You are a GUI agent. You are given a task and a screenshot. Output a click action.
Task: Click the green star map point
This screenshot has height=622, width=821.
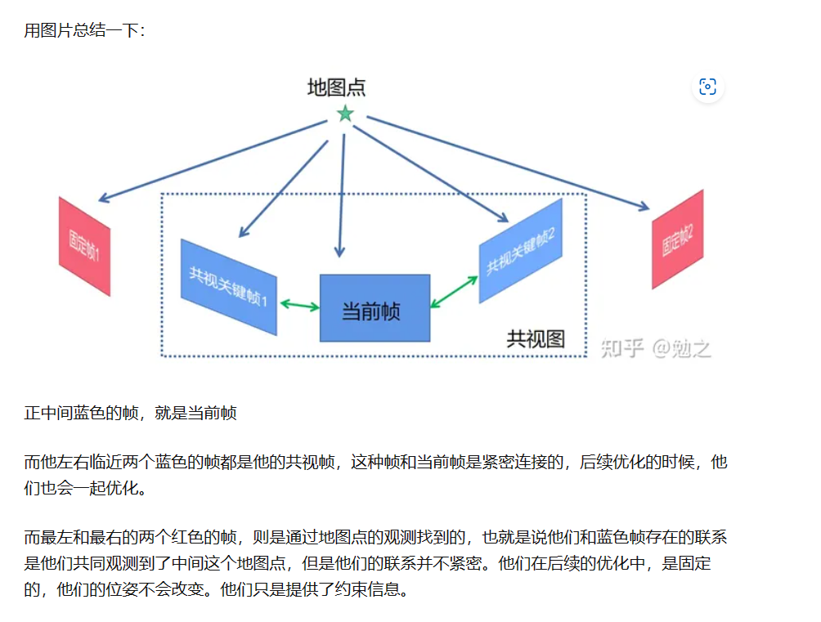point(345,114)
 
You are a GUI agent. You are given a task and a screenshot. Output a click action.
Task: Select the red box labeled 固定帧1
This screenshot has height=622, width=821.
point(84,245)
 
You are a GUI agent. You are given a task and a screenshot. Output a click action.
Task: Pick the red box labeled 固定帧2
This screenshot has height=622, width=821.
point(678,239)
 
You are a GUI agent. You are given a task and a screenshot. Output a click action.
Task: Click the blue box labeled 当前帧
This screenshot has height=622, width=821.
point(375,309)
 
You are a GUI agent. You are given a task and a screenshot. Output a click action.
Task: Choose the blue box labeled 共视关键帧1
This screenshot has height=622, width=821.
point(228,286)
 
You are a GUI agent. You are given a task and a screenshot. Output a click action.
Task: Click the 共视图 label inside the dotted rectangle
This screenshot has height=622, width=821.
point(536,338)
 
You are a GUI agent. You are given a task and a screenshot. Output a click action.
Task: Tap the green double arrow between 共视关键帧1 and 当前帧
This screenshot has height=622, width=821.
point(299,306)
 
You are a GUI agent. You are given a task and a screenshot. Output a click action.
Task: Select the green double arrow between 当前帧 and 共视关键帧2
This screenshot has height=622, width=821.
point(454,292)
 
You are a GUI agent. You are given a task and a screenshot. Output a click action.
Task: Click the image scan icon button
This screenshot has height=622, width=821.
point(708,87)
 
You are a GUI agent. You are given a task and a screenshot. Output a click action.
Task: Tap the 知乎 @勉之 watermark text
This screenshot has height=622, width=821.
point(656,348)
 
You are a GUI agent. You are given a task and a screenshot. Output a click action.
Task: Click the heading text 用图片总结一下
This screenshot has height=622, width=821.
point(85,32)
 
